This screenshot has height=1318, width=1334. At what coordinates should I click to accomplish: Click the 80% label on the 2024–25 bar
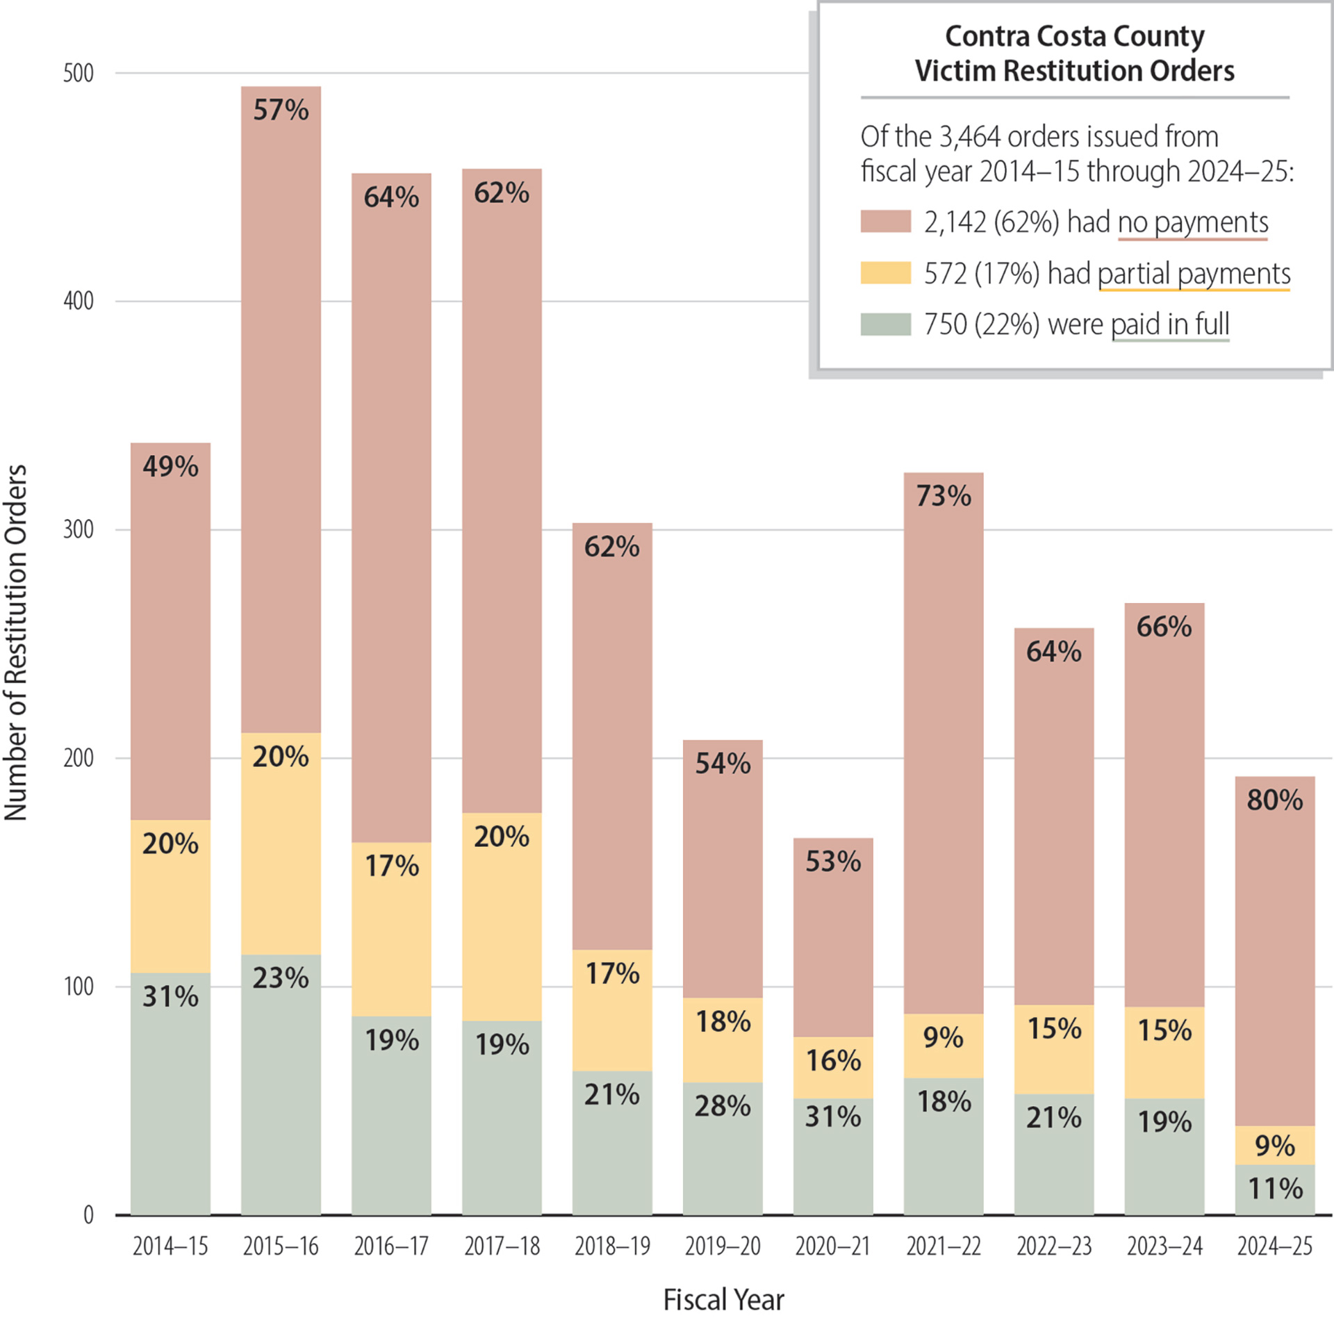(1274, 800)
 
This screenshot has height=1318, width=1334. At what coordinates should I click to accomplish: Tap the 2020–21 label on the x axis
(832, 1246)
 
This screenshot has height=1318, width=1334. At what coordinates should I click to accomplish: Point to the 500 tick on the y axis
(78, 74)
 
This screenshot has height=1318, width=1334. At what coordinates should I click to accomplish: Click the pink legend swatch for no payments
(885, 222)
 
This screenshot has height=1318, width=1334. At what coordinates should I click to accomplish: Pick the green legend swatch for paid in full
(885, 324)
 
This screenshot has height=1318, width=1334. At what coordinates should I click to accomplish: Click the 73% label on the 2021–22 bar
(943, 496)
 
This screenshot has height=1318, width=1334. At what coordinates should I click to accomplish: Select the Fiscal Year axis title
(723, 1299)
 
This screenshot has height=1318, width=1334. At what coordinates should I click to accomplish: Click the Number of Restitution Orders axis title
(15, 643)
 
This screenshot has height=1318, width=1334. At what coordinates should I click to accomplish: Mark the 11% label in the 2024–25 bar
(1274, 1189)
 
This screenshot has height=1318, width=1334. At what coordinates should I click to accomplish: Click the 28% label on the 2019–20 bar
(723, 1106)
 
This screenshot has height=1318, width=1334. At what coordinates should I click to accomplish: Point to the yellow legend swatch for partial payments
(885, 273)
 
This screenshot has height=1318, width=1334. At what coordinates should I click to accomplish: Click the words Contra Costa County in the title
(1074, 36)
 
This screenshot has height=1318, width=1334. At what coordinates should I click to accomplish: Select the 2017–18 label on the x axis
(502, 1246)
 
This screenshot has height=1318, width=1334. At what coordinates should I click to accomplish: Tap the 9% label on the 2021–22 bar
(943, 1037)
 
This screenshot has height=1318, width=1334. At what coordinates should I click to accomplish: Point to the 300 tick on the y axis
(78, 530)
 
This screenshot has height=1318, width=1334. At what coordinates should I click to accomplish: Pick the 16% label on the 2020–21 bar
(832, 1061)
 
